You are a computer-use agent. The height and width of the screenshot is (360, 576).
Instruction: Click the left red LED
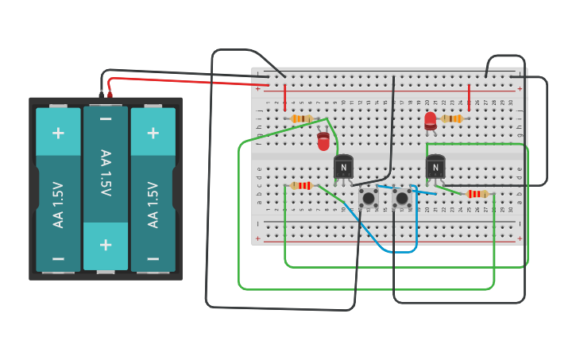pos(323,141)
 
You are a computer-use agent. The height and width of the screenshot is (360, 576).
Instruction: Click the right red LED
pos(431,121)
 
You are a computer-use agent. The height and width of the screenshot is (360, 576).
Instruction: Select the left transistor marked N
pos(343,167)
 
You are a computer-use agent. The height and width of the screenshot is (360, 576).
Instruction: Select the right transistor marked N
pos(435,167)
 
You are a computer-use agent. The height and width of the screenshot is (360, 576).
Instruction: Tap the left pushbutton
pos(368,197)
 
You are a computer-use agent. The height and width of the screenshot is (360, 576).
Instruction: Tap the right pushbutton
pos(402,197)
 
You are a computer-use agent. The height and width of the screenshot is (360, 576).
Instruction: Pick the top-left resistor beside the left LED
pos(302,118)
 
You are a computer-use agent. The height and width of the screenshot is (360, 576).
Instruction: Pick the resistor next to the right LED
pos(452,118)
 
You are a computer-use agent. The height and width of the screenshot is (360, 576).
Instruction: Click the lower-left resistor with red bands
pos(301,185)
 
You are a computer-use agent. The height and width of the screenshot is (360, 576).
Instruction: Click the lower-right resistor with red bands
pos(477,194)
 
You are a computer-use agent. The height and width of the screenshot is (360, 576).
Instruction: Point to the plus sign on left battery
pos(58,132)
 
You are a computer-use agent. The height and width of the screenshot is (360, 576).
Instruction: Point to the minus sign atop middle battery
pos(106,119)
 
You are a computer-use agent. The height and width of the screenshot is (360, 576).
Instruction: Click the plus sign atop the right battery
pos(153,132)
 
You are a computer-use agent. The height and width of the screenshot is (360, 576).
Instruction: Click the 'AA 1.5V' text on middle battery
pos(106,172)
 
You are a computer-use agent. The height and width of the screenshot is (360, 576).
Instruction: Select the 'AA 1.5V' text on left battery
pos(58,204)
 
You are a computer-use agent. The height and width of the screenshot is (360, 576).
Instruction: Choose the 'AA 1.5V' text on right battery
pos(153,204)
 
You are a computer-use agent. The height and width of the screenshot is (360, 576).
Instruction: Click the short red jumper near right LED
pos(469,96)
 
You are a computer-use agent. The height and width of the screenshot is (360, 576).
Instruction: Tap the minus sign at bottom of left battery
pos(58,258)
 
